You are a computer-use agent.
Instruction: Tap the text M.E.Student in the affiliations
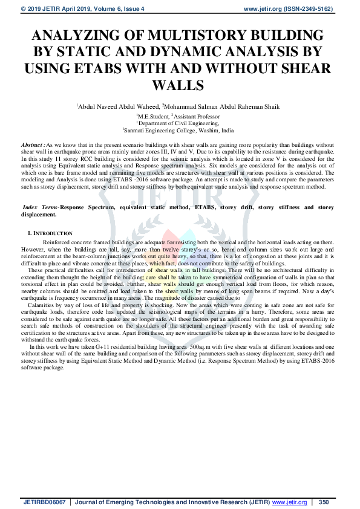pos(154,115)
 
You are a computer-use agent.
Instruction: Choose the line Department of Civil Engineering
pos(180,122)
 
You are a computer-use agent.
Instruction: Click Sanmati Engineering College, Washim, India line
pos(180,129)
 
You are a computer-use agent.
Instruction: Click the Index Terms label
pos(37,207)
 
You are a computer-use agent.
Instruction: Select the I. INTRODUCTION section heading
pos(50,233)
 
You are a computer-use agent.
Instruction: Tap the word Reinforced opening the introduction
pos(61,241)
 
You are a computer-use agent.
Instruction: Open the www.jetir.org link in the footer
pos(289,502)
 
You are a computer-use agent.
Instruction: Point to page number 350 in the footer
pos(323,502)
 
